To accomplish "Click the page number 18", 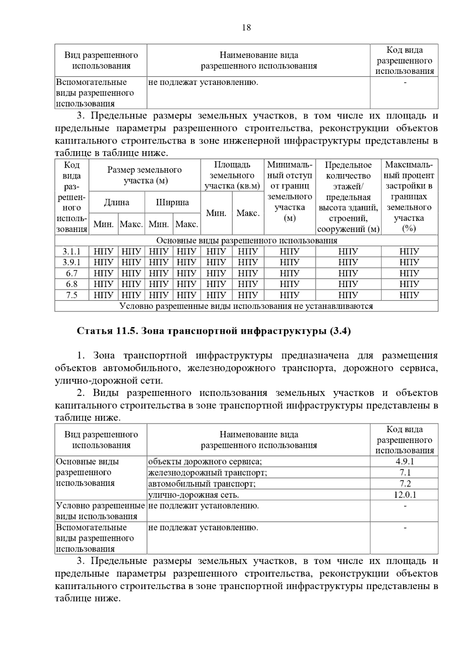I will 246,28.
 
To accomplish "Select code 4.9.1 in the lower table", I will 404,462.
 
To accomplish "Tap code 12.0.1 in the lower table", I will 404,495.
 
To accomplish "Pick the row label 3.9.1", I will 72,262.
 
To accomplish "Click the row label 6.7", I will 72,273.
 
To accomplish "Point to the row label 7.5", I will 72,295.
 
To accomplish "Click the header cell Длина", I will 117,203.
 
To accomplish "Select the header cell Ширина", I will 172,203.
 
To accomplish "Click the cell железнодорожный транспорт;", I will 207,473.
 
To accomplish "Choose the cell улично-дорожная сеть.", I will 194,495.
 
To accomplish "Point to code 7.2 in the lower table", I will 404,483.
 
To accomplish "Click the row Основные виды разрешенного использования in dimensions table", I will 246,240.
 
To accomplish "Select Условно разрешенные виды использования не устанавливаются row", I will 246,306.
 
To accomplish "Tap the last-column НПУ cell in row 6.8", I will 409,284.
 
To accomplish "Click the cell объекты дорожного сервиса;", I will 205,462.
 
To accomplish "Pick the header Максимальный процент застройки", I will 409,197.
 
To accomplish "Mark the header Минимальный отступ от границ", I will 289,191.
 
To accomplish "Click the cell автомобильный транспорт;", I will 202,483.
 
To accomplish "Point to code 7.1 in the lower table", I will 404,473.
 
